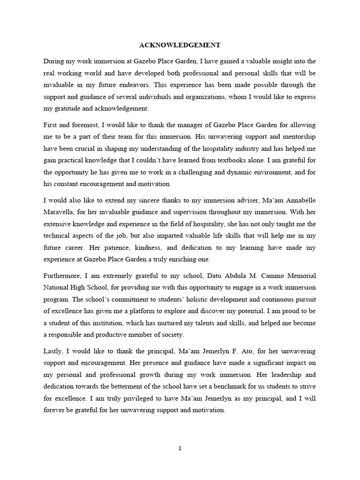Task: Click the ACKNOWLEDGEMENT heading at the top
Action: tap(180, 45)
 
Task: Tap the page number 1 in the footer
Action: tap(180, 448)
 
